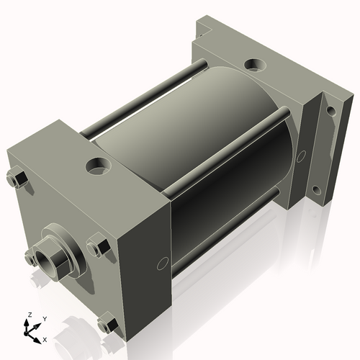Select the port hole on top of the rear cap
253,65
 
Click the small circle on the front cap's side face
163,264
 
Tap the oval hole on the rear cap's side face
300,155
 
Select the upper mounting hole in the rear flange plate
330,111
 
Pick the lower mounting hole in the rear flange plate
315,190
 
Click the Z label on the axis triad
29,315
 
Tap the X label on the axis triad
45,338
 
